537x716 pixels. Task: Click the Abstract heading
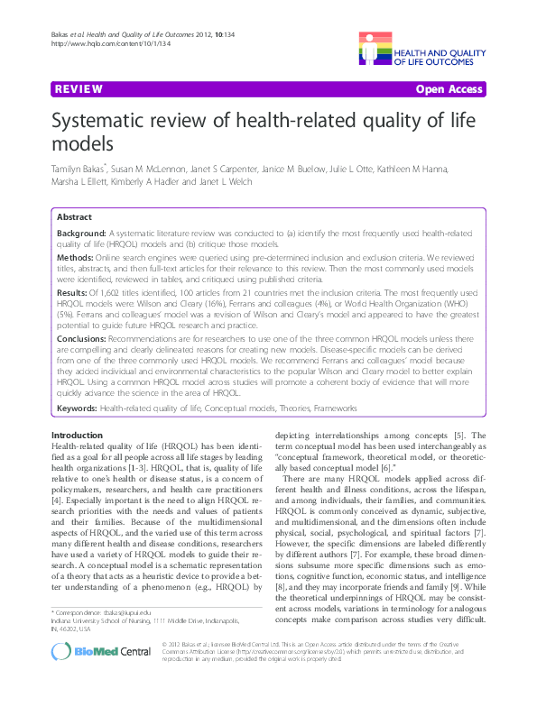click(x=74, y=217)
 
